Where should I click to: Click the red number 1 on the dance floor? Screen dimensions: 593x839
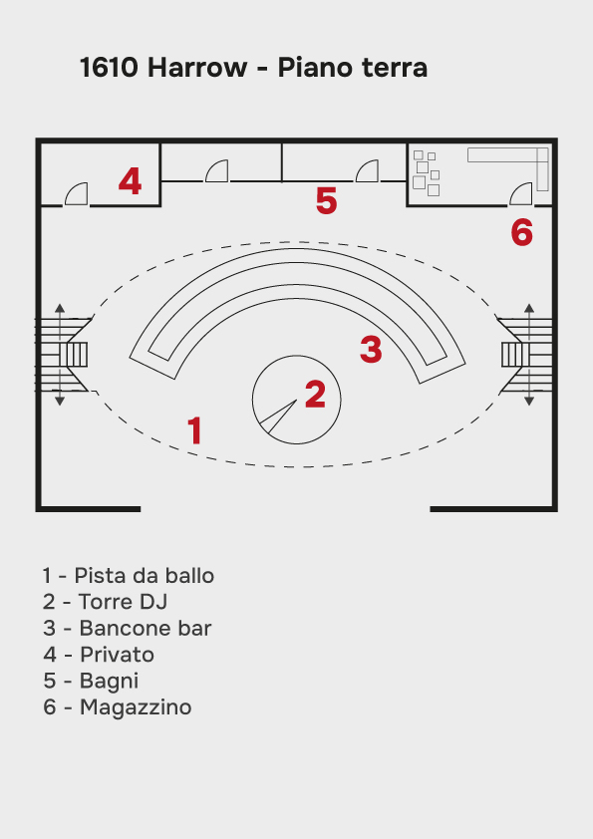pyautogui.click(x=194, y=430)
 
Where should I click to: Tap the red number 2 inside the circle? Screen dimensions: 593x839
pyautogui.click(x=315, y=395)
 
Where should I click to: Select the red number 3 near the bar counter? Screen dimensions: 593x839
pyautogui.click(x=371, y=349)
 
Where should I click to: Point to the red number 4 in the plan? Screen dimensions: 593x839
pyautogui.click(x=130, y=181)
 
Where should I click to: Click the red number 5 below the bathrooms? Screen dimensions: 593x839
pyautogui.click(x=327, y=200)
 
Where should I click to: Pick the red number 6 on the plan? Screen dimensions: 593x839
pyautogui.click(x=522, y=232)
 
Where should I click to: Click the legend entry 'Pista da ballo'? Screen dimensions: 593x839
pyautogui.click(x=129, y=576)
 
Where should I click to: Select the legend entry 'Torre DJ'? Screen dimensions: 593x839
pyautogui.click(x=106, y=602)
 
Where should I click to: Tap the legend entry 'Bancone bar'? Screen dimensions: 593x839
pyautogui.click(x=128, y=628)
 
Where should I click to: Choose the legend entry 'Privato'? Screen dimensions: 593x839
pyautogui.click(x=99, y=655)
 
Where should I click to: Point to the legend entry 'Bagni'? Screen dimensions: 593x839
pyautogui.click(x=91, y=681)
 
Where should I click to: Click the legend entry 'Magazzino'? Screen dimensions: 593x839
pyautogui.click(x=118, y=706)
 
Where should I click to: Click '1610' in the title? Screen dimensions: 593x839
pyautogui.click(x=110, y=68)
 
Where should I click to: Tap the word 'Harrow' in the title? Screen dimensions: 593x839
pyautogui.click(x=197, y=68)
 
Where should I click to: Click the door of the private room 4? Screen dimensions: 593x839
pyautogui.click(x=76, y=193)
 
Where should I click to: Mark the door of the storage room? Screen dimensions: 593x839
pyautogui.click(x=521, y=193)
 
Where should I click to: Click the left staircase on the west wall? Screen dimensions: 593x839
pyautogui.click(x=63, y=355)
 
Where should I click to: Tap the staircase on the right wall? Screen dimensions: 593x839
pyautogui.click(x=526, y=355)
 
